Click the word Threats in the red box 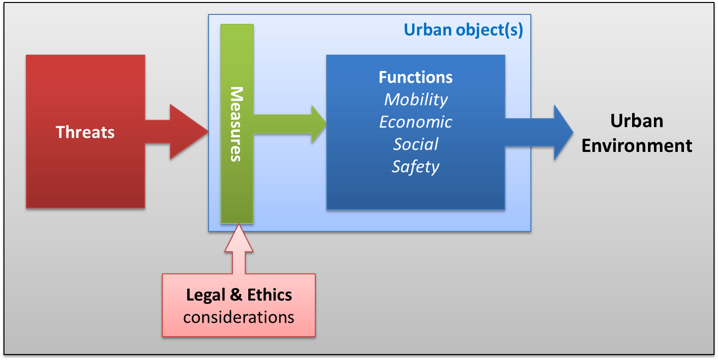tap(85, 132)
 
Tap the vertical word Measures tap(237, 124)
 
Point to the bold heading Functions tap(416, 77)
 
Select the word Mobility tap(416, 99)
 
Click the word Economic tap(416, 122)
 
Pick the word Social tap(416, 144)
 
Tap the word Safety tap(416, 167)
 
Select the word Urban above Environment tap(637, 121)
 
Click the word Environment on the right tap(637, 146)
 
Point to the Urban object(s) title tap(463, 30)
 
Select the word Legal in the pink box tap(205, 295)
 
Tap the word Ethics tap(269, 295)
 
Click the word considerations tap(238, 317)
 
